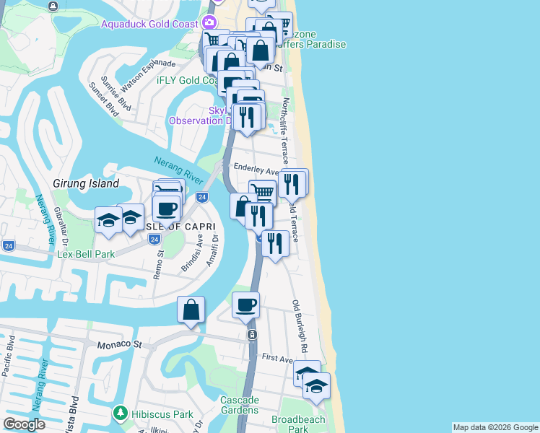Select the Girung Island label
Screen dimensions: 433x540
(x=85, y=184)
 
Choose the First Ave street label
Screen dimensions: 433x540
(x=277, y=358)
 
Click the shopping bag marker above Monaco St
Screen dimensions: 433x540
(x=191, y=310)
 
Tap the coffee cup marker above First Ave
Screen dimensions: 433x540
(x=245, y=305)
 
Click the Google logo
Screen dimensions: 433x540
(x=25, y=424)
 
